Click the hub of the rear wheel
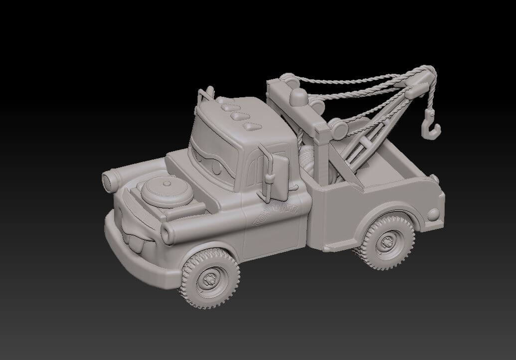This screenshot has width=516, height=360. (387, 243)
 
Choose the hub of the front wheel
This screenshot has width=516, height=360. (210, 280)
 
